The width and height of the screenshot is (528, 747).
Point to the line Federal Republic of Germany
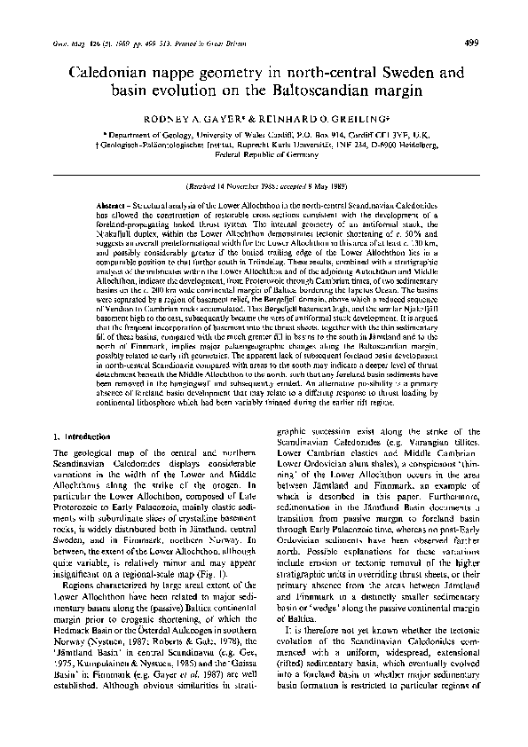point(264,153)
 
